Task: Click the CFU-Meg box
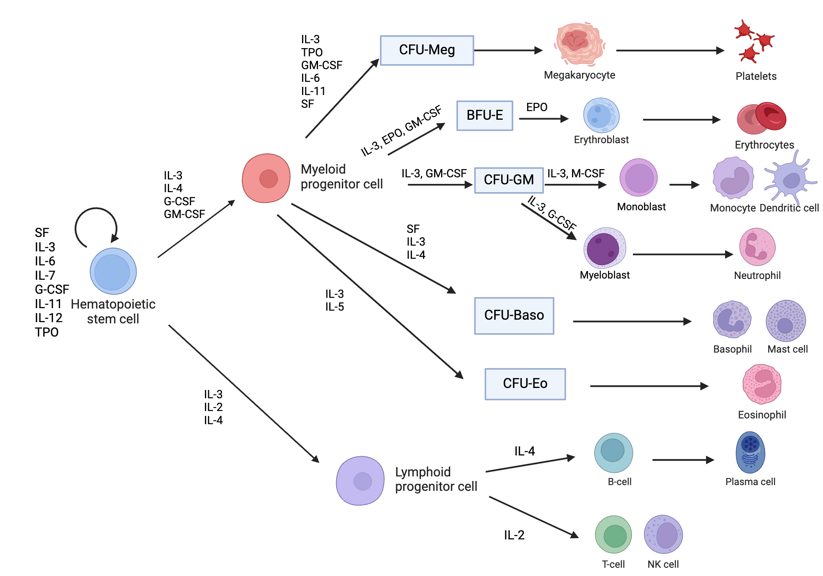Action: pyautogui.click(x=427, y=50)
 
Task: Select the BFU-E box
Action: pyautogui.click(x=485, y=116)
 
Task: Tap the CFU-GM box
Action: pyautogui.click(x=509, y=180)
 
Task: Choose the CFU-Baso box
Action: pyautogui.click(x=514, y=316)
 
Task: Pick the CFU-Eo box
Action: pyautogui.click(x=525, y=384)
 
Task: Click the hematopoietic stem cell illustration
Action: pyautogui.click(x=113, y=271)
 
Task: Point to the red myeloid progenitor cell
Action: pyautogui.click(x=266, y=178)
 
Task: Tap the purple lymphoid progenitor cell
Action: pyautogui.click(x=360, y=481)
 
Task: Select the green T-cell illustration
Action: pyautogui.click(x=614, y=534)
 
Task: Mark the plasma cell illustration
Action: pyautogui.click(x=750, y=452)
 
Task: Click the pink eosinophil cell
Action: pyautogui.click(x=762, y=384)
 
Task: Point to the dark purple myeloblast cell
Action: pyautogui.click(x=604, y=248)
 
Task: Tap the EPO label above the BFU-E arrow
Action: pyautogui.click(x=537, y=107)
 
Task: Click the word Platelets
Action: pyautogui.click(x=756, y=77)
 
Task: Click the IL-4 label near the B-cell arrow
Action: pyautogui.click(x=525, y=451)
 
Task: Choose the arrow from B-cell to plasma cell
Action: pyautogui.click(x=683, y=460)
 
